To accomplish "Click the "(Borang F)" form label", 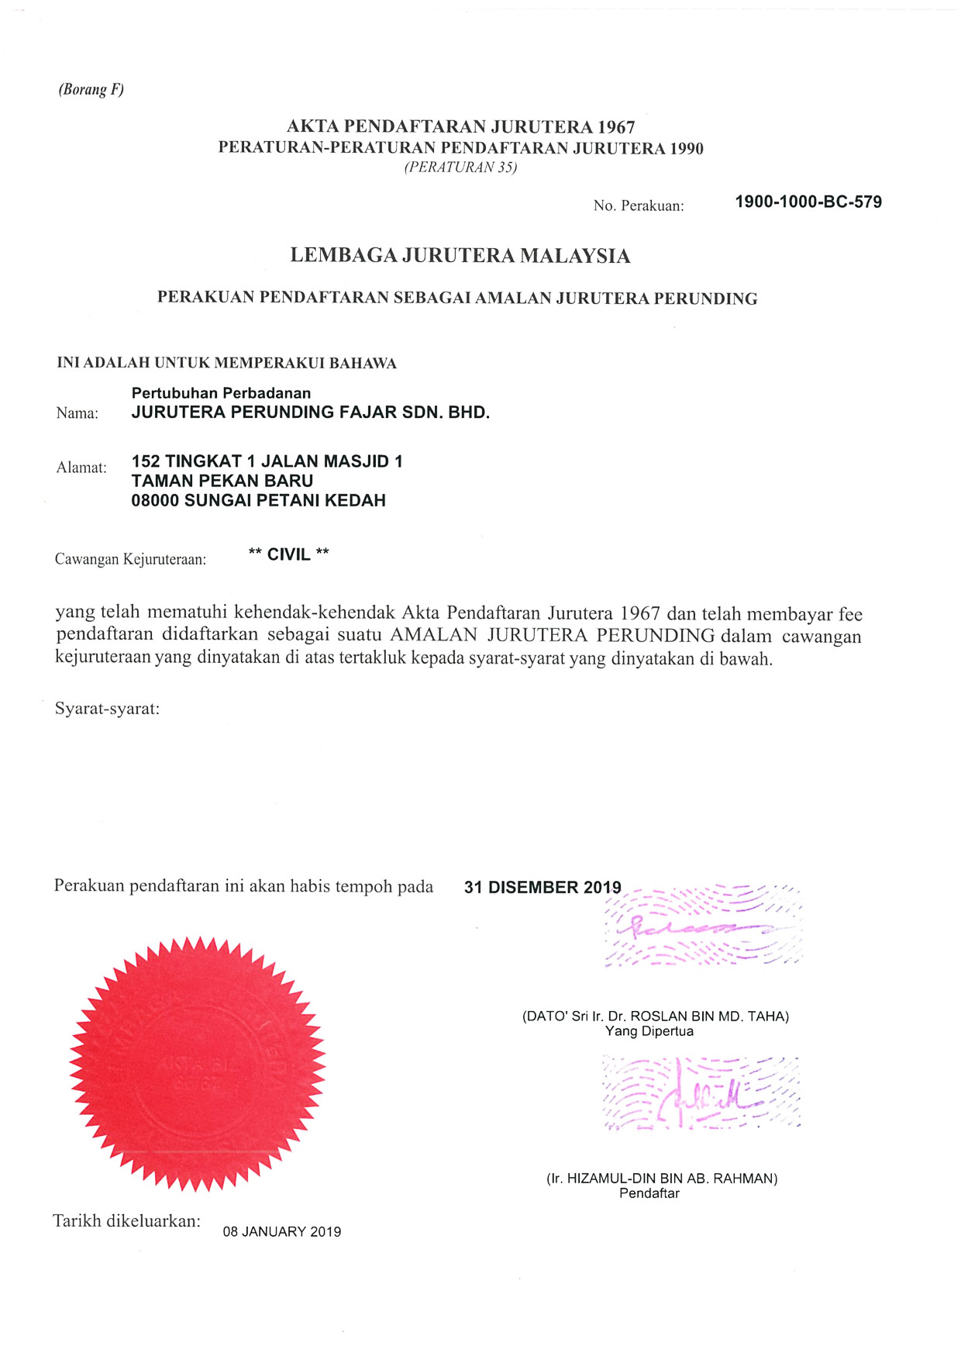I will click(91, 89).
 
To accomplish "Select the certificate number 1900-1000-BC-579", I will click(808, 202).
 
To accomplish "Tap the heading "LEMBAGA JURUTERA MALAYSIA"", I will click(460, 256).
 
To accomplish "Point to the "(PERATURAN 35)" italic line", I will click(460, 167).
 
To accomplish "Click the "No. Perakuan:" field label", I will click(639, 206).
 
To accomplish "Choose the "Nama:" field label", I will click(77, 413).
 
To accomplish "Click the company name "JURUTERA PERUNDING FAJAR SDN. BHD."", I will click(310, 412).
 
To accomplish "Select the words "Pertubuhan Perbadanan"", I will click(221, 393).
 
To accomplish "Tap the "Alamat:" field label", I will click(81, 468).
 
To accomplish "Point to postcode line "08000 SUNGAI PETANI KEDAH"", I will click(258, 501).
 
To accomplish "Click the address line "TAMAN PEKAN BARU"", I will click(222, 481).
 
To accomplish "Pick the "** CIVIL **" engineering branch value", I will click(288, 554).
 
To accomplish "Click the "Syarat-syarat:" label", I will click(107, 709).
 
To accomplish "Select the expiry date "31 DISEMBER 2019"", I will click(542, 888).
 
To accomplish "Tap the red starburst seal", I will click(197, 1064).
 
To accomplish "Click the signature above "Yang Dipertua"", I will click(701, 927).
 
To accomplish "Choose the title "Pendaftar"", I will click(649, 1193).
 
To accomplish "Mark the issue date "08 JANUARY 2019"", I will click(282, 1232).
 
